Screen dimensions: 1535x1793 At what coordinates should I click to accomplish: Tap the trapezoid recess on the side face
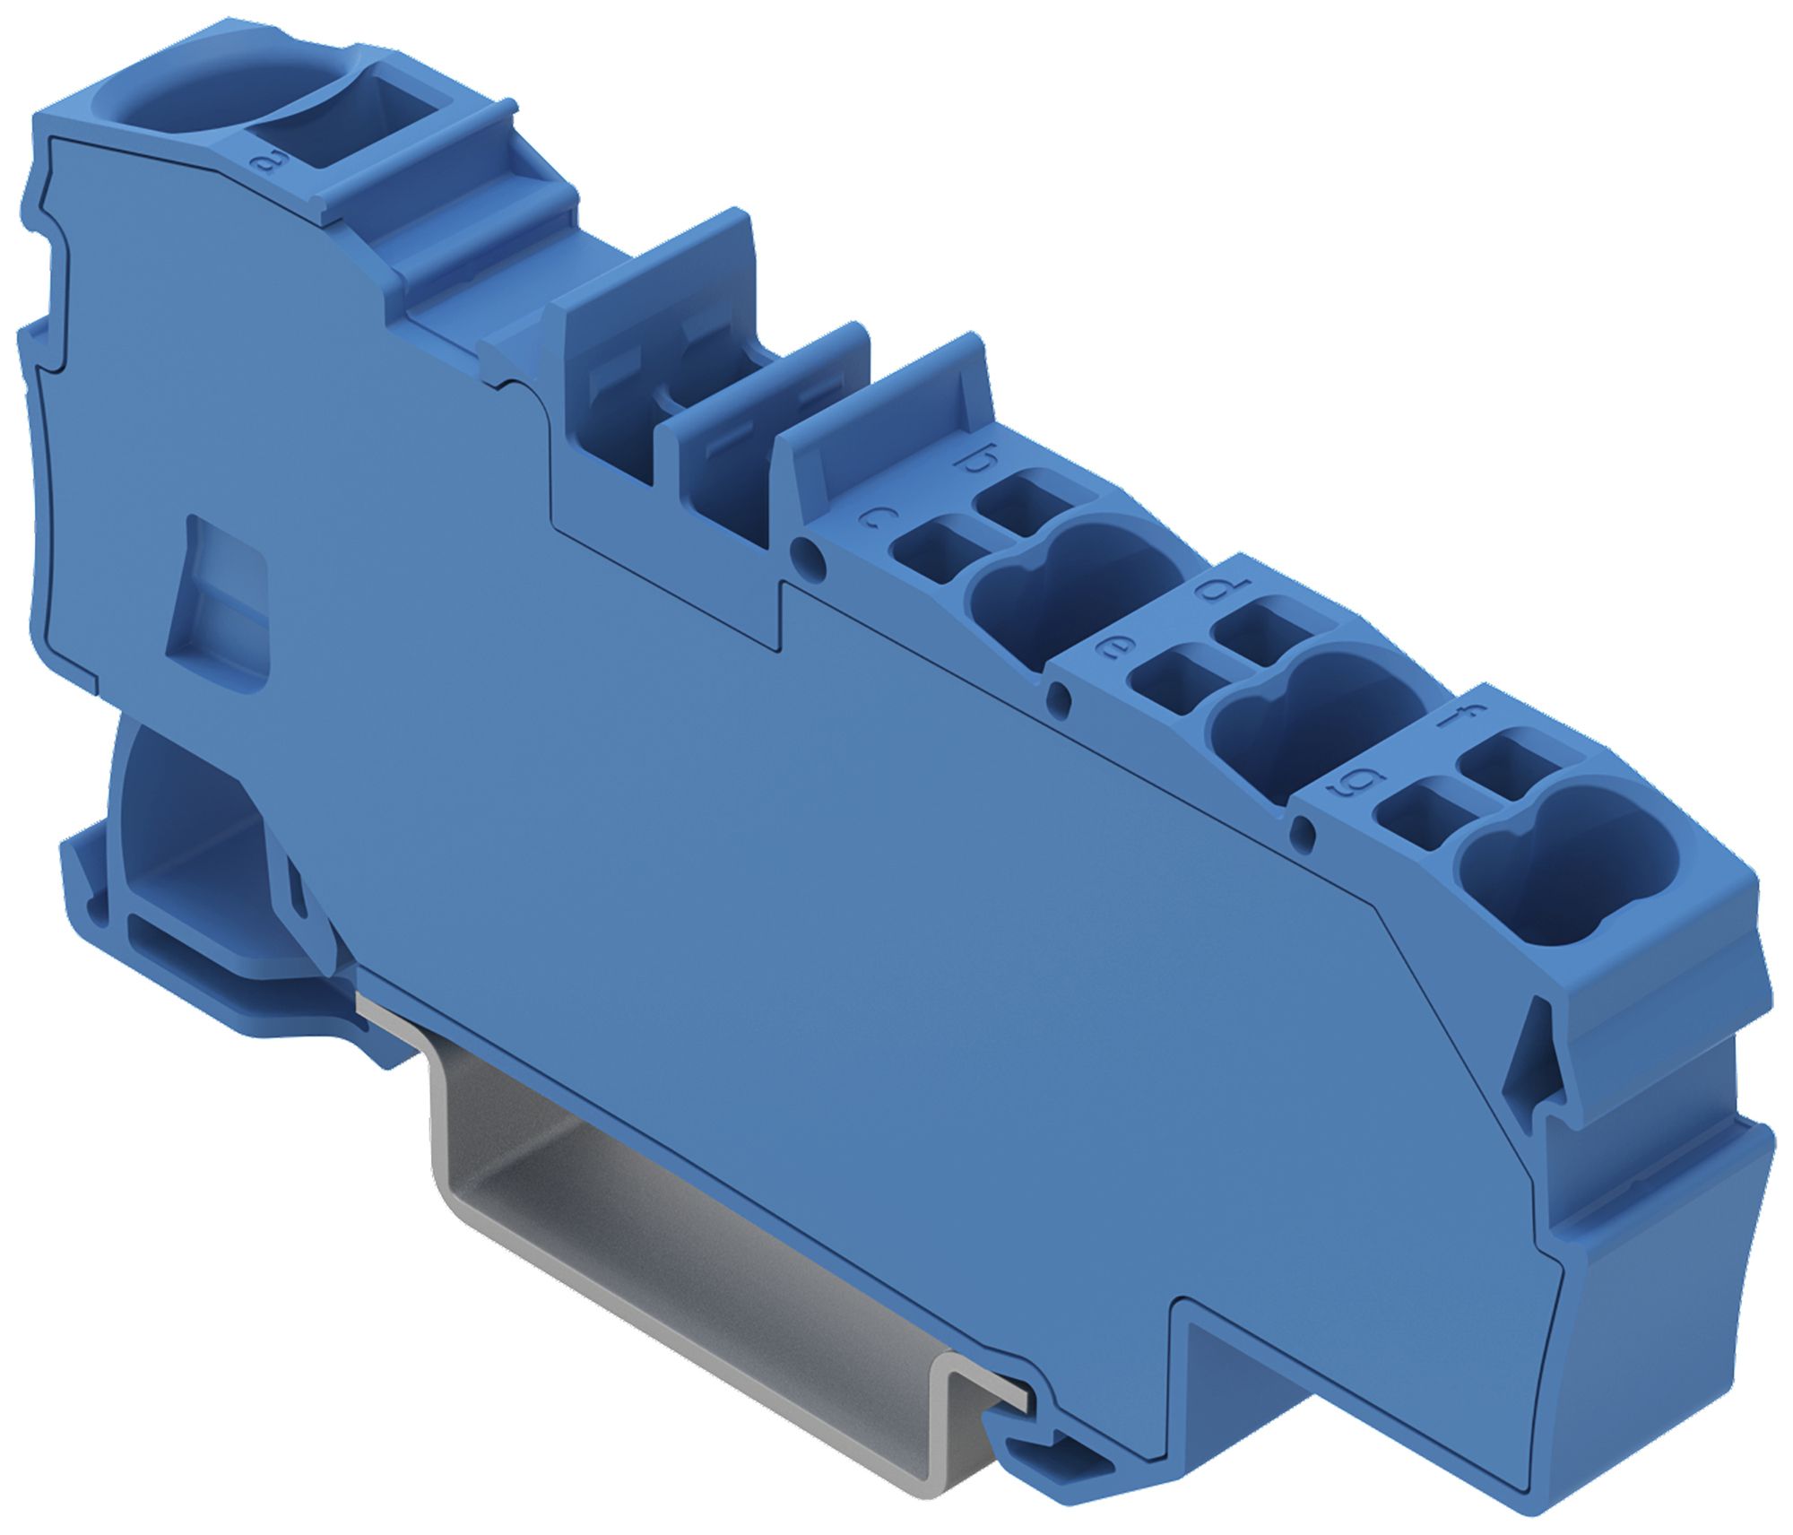pyautogui.click(x=220, y=610)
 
